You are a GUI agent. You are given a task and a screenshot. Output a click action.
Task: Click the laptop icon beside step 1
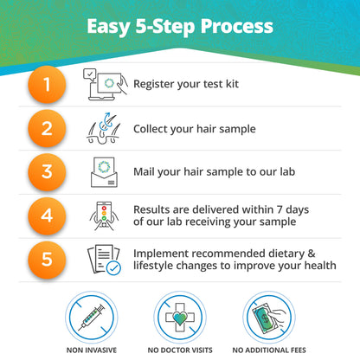[x=102, y=84]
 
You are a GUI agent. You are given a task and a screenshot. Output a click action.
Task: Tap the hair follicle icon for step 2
[x=103, y=128]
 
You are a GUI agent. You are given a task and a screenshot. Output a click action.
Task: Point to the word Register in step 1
[x=156, y=85]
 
